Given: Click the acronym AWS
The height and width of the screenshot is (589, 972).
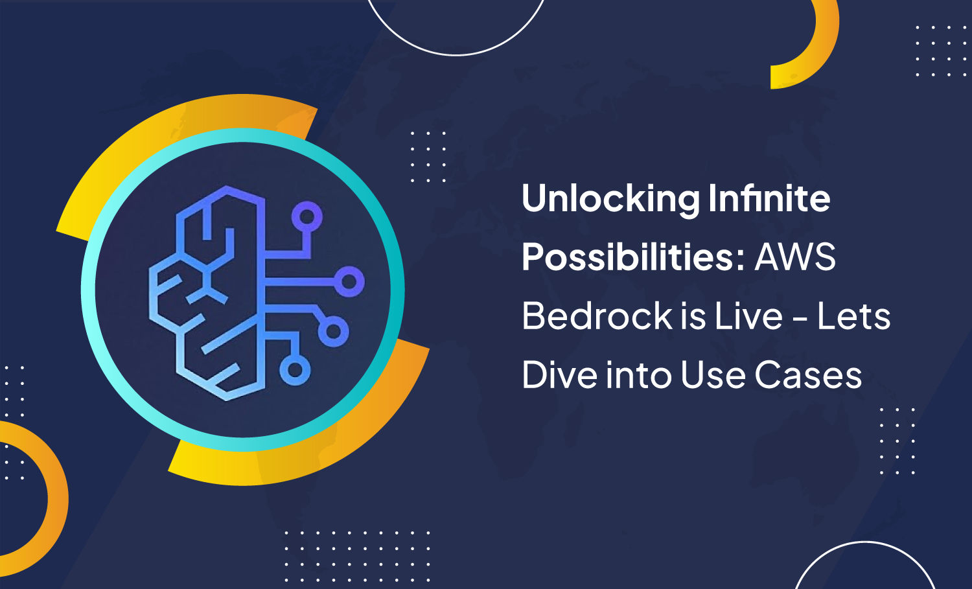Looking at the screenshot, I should pyautogui.click(x=795, y=257).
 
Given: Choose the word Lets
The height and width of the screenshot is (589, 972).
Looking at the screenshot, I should pyautogui.click(x=853, y=316).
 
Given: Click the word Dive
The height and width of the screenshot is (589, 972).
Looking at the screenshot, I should pyautogui.click(x=559, y=375).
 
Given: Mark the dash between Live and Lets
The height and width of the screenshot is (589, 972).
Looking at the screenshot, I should pyautogui.click(x=800, y=319).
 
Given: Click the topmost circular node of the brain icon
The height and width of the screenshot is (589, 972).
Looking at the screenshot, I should pyautogui.click(x=307, y=216).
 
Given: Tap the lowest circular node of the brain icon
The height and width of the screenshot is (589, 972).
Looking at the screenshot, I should pyautogui.click(x=295, y=370).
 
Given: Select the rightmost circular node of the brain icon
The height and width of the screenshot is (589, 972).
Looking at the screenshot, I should pyautogui.click(x=349, y=281).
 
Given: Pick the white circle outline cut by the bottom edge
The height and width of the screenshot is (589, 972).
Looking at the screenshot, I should pyautogui.click(x=865, y=544).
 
